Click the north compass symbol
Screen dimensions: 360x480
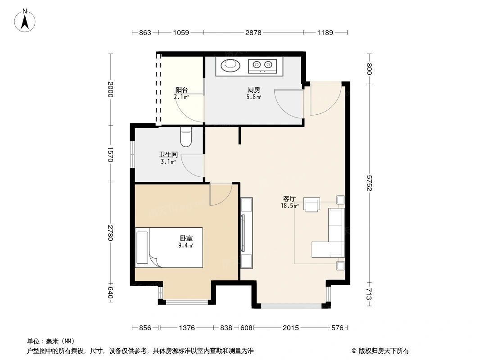26,20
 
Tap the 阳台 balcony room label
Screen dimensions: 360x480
181,90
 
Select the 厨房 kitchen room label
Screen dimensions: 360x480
254,90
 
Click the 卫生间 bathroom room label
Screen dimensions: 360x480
168,154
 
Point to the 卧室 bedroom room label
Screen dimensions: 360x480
186,238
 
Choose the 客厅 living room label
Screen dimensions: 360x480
289,198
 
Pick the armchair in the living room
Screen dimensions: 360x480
312,204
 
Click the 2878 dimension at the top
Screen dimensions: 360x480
253,32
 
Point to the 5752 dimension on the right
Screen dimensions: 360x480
369,183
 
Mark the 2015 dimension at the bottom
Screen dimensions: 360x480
291,328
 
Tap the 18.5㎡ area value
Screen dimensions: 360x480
289,206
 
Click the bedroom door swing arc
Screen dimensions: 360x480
222,194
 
